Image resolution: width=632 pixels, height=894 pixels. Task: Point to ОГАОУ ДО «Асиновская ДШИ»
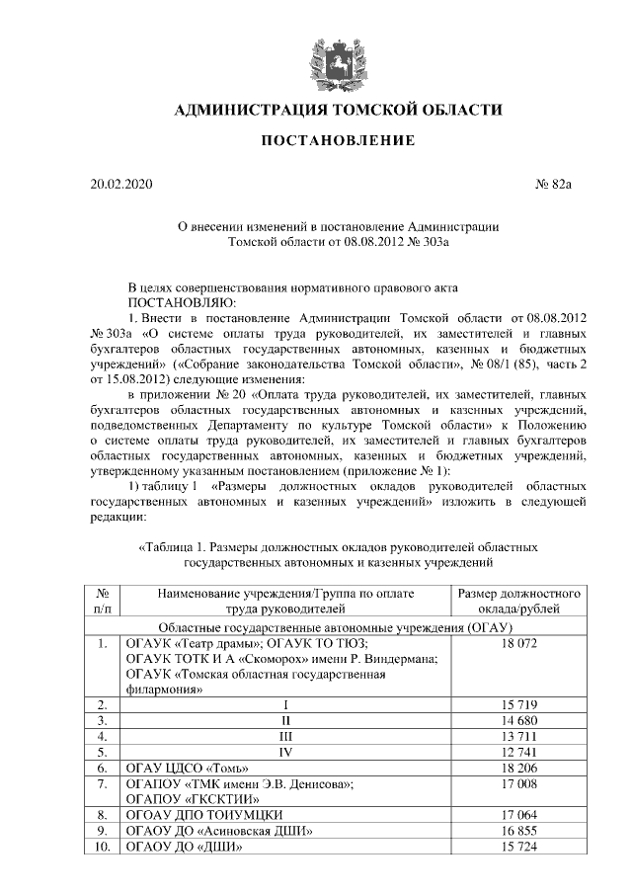[216, 831]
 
